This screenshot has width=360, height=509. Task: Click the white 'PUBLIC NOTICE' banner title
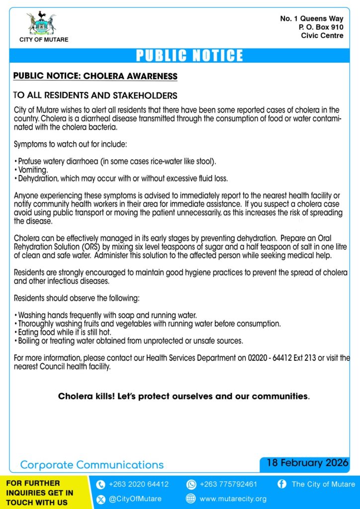point(189,55)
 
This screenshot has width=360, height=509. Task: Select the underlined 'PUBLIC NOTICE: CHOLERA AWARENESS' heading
point(95,77)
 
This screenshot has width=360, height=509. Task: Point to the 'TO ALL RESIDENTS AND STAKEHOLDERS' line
point(95,95)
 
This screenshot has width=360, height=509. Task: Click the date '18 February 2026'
point(307,463)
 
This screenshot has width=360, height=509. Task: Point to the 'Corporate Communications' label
point(91,465)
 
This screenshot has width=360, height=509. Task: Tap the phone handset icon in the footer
point(100,484)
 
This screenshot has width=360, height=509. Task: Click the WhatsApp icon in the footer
point(191,484)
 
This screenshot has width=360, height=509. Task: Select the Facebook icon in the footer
point(282,484)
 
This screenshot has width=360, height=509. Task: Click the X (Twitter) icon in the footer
point(100,499)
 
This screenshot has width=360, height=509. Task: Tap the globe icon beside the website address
point(191,499)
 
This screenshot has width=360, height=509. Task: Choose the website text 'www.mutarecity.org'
point(233,499)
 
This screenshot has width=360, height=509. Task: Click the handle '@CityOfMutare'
point(135,499)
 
